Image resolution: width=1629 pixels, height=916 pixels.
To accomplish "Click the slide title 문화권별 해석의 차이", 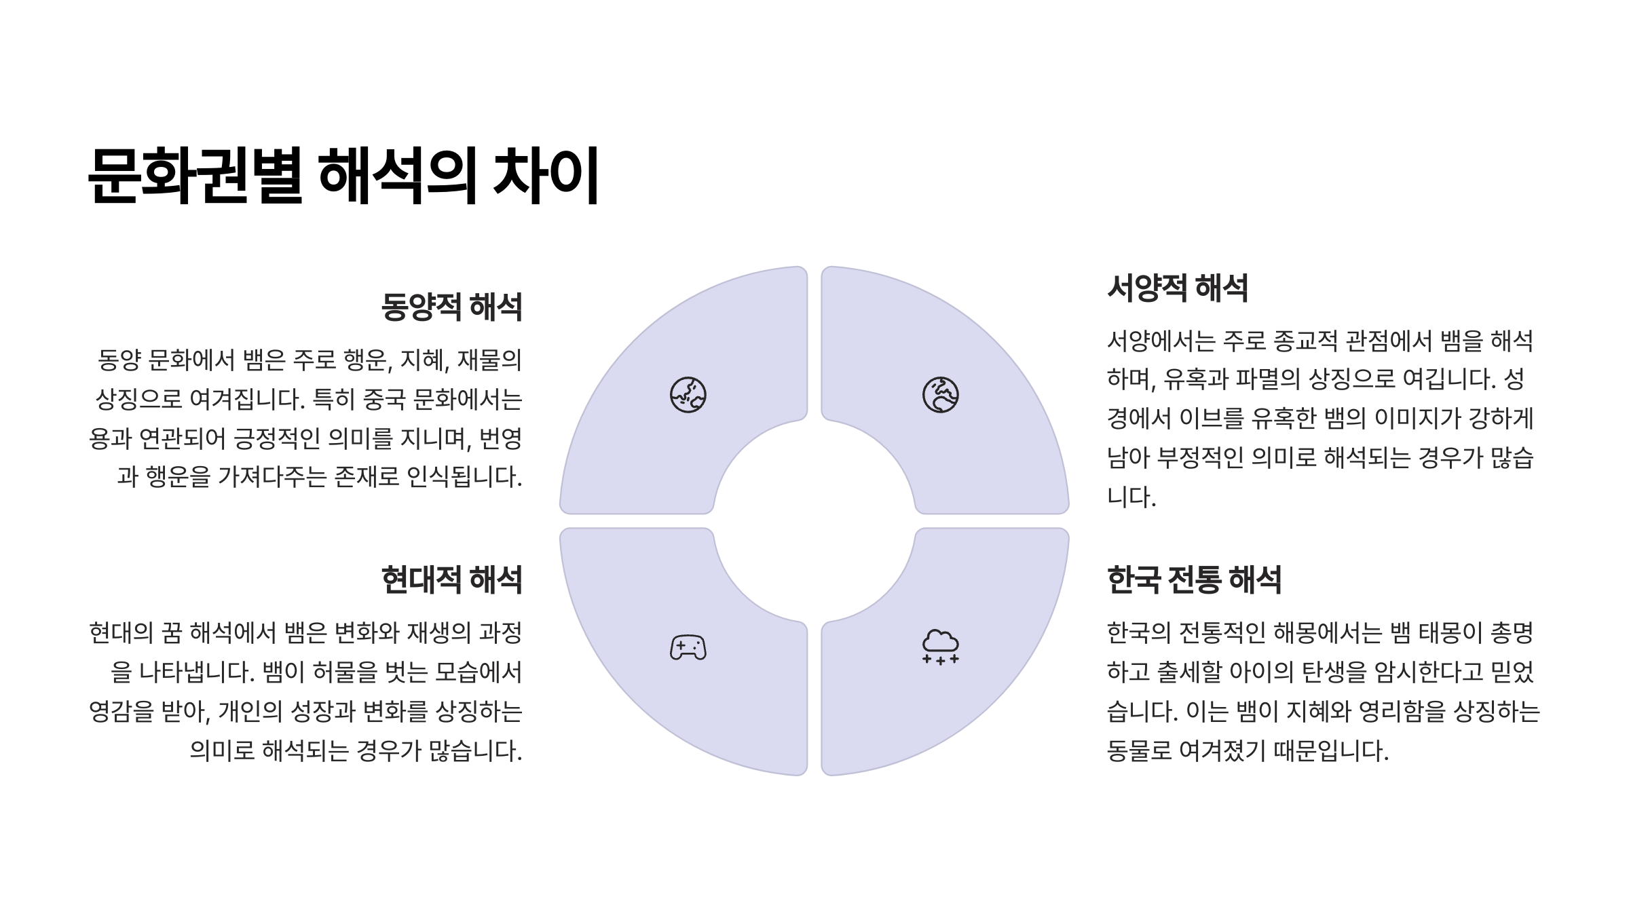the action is (x=343, y=176).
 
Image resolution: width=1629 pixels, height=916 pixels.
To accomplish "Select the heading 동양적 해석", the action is (x=451, y=307).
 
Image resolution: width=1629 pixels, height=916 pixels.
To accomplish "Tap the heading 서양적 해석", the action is (x=1178, y=288).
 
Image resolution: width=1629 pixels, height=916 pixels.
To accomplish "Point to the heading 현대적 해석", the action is (x=451, y=580).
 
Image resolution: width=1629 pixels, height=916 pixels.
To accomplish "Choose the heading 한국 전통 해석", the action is (x=1195, y=580).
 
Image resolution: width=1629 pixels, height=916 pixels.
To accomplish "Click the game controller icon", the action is (x=688, y=647).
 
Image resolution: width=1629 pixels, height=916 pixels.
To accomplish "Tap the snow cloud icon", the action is (x=940, y=646).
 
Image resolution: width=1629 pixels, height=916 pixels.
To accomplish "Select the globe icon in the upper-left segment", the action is (x=688, y=395).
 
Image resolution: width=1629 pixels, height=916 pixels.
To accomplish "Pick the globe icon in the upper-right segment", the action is (x=940, y=395).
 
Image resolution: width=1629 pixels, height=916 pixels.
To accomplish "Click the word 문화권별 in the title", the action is (x=195, y=176).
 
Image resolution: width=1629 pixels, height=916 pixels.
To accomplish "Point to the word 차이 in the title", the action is (x=546, y=176).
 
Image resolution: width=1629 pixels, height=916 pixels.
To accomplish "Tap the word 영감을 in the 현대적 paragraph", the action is (x=121, y=712).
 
